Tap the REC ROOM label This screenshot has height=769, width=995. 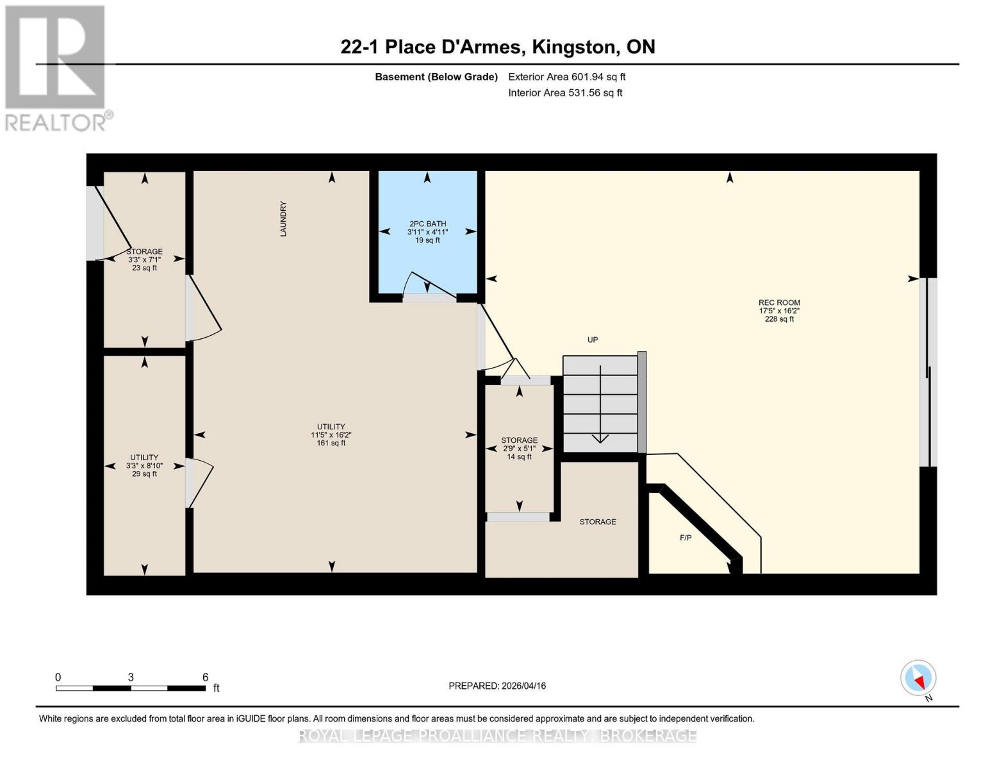point(779,302)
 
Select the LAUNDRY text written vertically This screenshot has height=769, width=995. point(283,219)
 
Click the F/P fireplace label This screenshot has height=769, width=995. point(686,538)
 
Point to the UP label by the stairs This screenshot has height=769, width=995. point(593,340)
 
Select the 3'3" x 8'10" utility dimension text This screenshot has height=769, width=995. point(144,466)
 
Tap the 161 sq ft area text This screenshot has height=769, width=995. point(331,443)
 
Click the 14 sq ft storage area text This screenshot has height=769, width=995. point(519,457)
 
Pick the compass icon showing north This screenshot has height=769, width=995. point(918,678)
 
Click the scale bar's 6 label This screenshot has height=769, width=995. point(205,677)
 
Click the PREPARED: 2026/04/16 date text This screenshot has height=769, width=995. point(497,686)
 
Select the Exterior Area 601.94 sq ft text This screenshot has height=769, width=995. point(566,77)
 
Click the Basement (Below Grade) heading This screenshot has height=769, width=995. point(436,77)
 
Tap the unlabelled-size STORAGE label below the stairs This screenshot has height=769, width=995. point(598,522)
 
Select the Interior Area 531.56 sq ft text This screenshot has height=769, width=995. point(565,93)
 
